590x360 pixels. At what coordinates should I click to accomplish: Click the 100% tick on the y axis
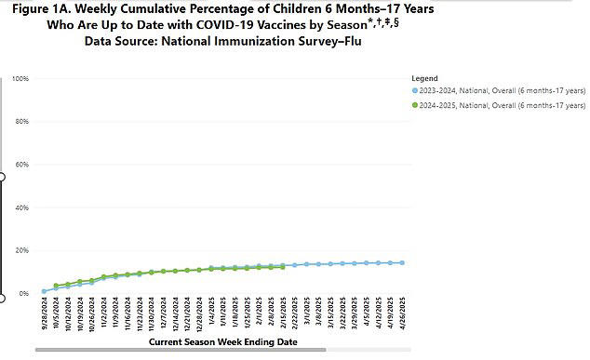pos(20,79)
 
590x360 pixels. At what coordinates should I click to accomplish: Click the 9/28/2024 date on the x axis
pos(45,315)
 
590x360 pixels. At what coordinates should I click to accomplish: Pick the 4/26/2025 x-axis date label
pos(403,315)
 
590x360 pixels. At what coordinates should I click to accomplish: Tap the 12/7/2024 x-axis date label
pos(163,315)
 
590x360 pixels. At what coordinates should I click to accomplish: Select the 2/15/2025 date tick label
pos(283,315)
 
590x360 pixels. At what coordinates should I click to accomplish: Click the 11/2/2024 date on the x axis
pos(104,315)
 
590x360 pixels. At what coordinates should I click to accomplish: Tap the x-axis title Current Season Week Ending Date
pos(222,341)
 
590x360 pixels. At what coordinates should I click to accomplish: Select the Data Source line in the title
pos(222,42)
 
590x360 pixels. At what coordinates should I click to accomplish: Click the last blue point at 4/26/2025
pos(402,262)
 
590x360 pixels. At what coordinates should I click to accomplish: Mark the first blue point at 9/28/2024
pos(45,291)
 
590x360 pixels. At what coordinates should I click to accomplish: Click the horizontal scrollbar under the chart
pos(181,350)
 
